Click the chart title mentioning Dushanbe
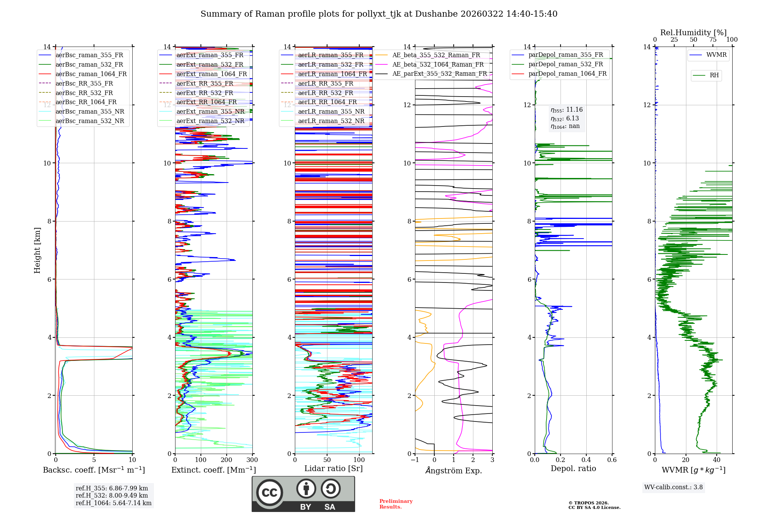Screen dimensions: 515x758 coord(379,14)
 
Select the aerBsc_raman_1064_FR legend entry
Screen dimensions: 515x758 coord(91,74)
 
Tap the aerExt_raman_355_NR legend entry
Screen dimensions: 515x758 coord(210,111)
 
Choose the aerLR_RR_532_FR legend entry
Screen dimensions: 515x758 coord(325,93)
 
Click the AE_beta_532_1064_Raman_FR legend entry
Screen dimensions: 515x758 coord(438,64)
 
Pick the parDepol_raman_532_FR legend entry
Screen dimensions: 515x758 coord(565,64)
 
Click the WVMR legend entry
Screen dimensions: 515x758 coord(716,55)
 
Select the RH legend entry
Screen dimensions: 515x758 coord(714,75)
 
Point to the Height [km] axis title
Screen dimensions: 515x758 coord(37,250)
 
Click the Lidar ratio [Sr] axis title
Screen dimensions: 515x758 coord(334,468)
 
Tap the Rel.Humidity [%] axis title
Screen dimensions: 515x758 coord(693,33)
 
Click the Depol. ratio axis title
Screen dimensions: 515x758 coord(573,468)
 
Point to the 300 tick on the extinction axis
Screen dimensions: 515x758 coord(252,460)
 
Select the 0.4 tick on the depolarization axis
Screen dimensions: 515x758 coord(586,460)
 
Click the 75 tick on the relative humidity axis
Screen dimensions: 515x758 coord(713,39)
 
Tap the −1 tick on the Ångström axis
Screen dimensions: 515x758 coord(415,460)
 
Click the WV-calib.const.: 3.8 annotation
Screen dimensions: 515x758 coord(673,487)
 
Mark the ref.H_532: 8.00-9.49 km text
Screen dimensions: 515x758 coord(112,495)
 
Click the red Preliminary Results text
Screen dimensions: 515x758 coord(396,504)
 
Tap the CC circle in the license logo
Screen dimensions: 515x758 coord(269,492)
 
